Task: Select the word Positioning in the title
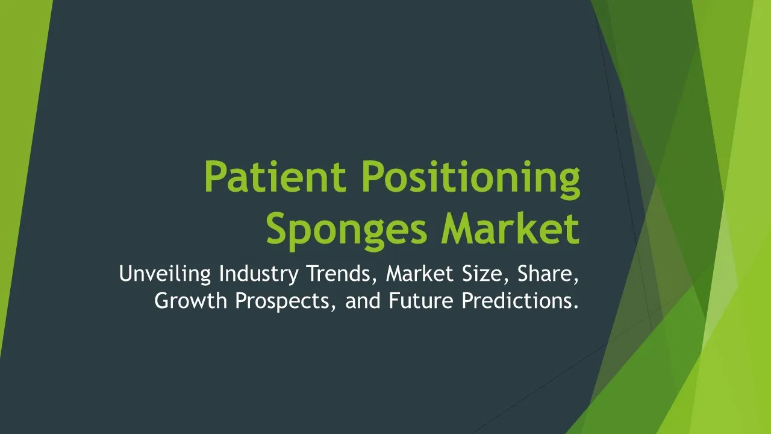tap(471, 180)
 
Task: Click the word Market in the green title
tap(510, 227)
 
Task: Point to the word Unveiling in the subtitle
tap(165, 274)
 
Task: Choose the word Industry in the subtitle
tap(258, 274)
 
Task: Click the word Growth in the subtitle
tap(191, 300)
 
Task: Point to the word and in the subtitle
tap(363, 300)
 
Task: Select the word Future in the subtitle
tap(421, 301)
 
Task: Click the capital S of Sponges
tap(276, 228)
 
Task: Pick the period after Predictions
tap(576, 307)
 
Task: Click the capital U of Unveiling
tap(126, 274)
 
